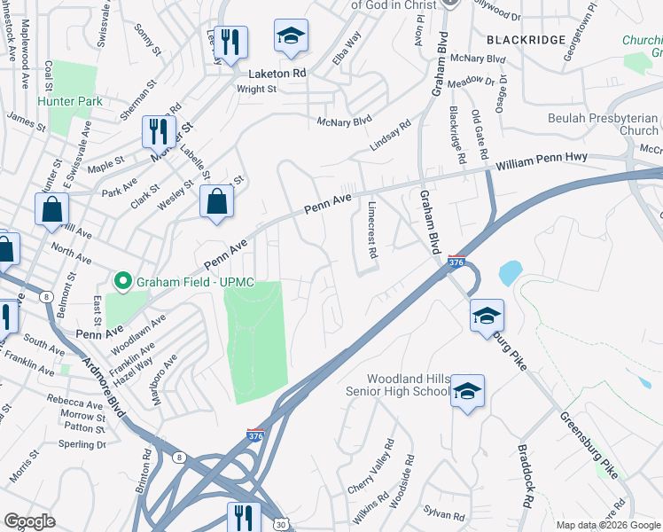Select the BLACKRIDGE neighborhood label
click(x=526, y=40)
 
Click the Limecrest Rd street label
click(x=372, y=230)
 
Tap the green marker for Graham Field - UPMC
click(x=121, y=284)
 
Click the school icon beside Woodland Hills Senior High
click(x=467, y=390)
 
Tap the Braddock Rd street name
click(x=525, y=476)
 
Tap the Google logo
click(x=29, y=521)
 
